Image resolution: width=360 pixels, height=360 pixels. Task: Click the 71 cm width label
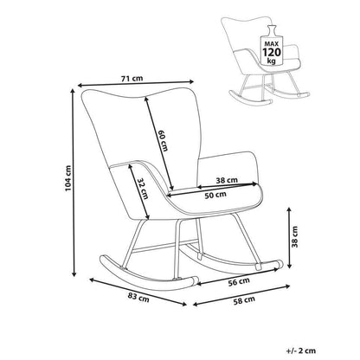click(132, 78)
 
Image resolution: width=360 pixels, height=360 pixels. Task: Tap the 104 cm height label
click(67, 178)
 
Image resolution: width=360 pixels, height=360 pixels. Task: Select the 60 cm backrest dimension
click(163, 140)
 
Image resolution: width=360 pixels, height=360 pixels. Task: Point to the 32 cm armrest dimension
click(143, 189)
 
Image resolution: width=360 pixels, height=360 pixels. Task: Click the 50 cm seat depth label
click(215, 196)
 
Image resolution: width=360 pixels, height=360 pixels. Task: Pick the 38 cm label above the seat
click(227, 180)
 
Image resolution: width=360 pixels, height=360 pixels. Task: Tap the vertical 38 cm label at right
click(295, 237)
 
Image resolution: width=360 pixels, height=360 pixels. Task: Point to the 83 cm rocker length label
click(138, 298)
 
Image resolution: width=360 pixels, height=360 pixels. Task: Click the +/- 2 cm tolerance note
click(301, 350)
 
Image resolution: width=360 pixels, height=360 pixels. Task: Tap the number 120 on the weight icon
click(272, 53)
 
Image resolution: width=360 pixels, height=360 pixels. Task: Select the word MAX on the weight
click(272, 44)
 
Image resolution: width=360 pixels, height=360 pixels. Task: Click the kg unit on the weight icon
click(271, 61)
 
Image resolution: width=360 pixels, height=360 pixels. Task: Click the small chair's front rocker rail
click(250, 99)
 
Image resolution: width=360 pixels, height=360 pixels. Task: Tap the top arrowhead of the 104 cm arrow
click(73, 91)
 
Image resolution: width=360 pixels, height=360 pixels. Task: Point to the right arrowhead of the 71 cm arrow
click(191, 81)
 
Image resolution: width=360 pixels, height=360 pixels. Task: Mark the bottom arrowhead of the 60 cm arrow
click(172, 187)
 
